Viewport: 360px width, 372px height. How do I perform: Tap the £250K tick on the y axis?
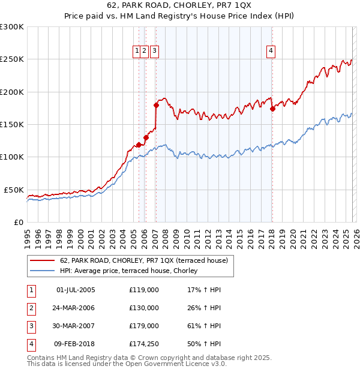pos(12,59)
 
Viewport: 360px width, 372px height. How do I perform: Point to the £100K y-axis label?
pos(12,157)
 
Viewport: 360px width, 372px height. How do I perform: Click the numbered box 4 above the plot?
pos(271,52)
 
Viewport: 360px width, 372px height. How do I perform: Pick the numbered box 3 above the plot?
pos(154,52)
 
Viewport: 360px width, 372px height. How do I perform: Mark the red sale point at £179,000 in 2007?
pos(156,105)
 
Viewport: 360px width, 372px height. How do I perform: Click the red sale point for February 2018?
pos(272,109)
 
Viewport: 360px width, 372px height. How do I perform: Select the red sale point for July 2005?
pos(139,145)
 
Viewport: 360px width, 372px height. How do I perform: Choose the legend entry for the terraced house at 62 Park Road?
pos(143,261)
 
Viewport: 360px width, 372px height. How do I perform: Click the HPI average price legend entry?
pos(132,271)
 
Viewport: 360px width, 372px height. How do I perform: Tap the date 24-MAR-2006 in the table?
pos(76,308)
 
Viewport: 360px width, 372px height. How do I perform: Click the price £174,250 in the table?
pos(143,344)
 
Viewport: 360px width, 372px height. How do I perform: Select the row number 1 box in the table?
pos(29,290)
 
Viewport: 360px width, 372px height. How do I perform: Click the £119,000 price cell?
pos(143,290)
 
